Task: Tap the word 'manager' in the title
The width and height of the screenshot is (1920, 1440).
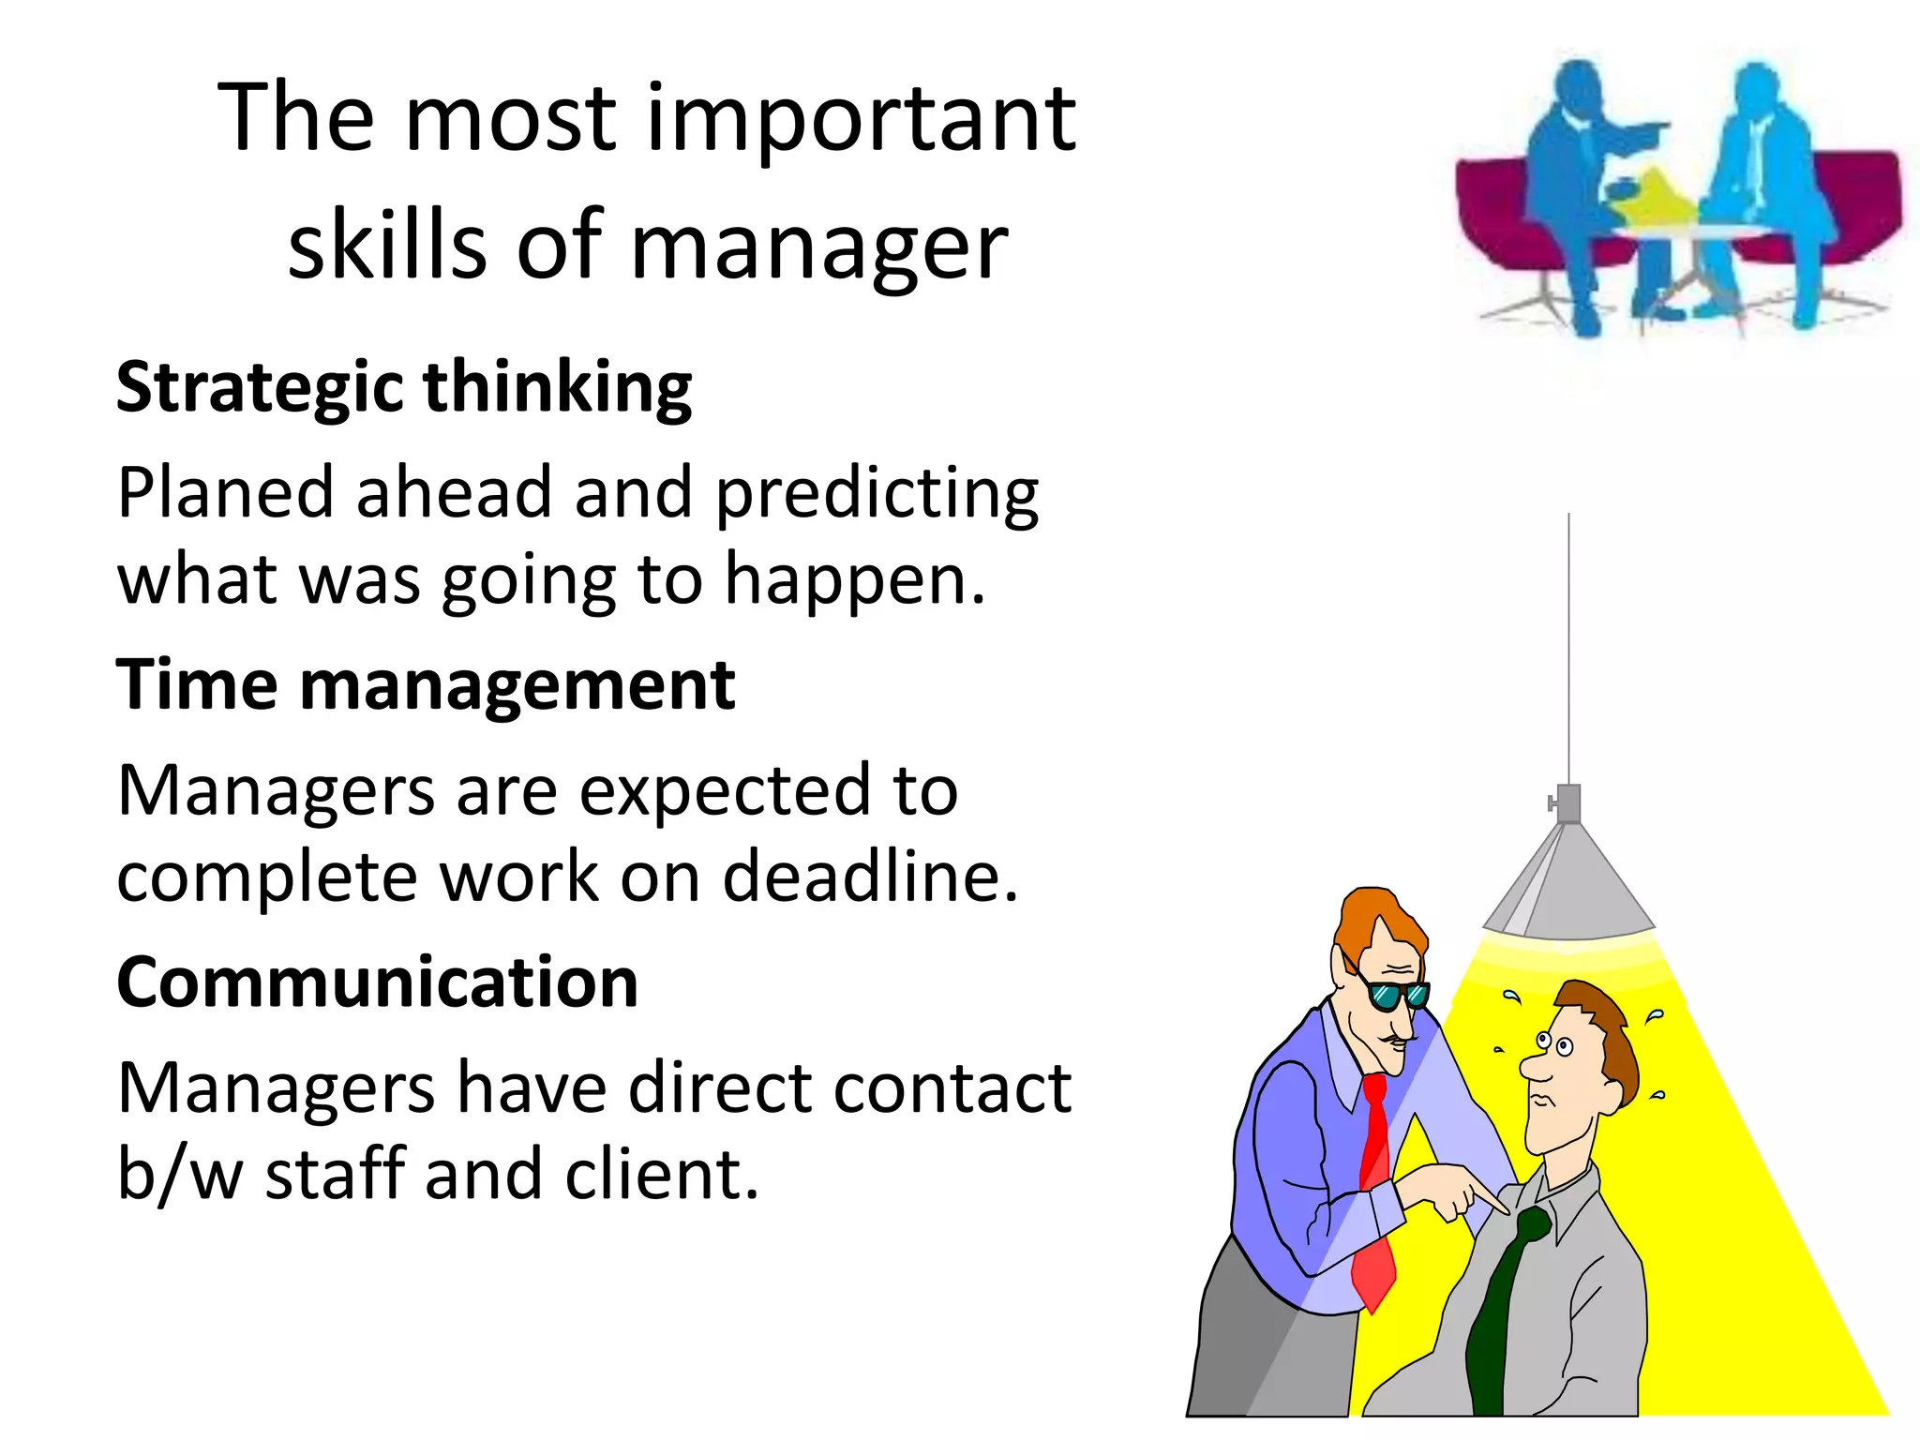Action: pyautogui.click(x=818, y=247)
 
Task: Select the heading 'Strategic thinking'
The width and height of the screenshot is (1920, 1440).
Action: pyautogui.click(x=403, y=387)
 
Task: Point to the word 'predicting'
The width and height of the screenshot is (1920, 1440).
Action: pyautogui.click(x=877, y=495)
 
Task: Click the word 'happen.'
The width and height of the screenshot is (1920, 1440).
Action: pyautogui.click(x=855, y=580)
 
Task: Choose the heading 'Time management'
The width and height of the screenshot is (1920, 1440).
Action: pyautogui.click(x=425, y=685)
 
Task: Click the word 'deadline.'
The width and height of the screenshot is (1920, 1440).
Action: pyautogui.click(x=870, y=877)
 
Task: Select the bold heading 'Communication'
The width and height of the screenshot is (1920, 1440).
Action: pyautogui.click(x=377, y=982)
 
